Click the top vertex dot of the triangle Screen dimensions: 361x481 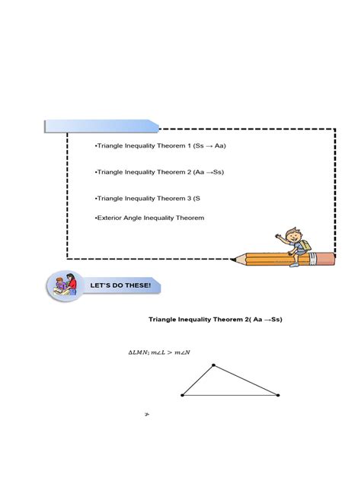212,365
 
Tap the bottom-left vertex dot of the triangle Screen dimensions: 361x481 183,395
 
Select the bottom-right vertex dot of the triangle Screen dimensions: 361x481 278,395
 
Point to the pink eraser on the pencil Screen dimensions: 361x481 327,258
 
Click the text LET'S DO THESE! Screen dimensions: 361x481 121,285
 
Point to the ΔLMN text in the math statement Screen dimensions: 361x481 138,352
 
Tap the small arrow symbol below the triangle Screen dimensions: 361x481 146,416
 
